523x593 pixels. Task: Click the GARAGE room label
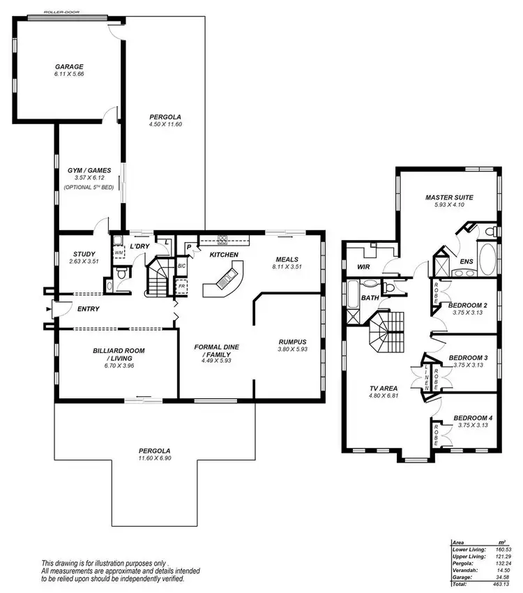pyautogui.click(x=69, y=67)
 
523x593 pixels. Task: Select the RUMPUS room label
pyautogui.click(x=287, y=340)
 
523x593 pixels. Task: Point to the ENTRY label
pyautogui.click(x=89, y=309)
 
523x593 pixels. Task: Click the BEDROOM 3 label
pyautogui.click(x=467, y=356)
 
